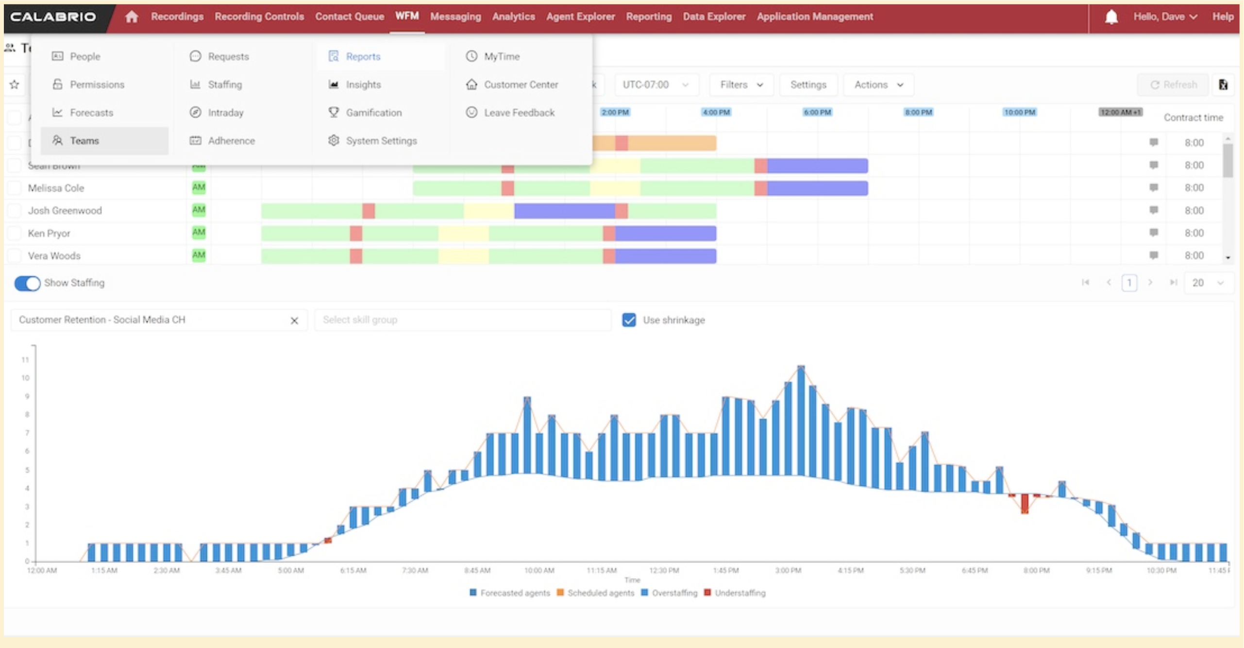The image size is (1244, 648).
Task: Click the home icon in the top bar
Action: point(131,17)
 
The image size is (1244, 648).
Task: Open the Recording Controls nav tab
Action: point(259,17)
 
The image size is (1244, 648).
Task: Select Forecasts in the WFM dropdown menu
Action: point(91,113)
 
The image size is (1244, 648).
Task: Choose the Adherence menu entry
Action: point(231,141)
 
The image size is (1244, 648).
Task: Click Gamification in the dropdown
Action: point(373,113)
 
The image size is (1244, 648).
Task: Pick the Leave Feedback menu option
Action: point(519,113)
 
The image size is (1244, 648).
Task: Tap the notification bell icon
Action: point(1111,17)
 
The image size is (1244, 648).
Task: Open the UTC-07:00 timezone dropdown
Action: point(656,85)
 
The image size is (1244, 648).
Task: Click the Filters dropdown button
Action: point(741,85)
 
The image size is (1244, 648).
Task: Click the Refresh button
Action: point(1173,85)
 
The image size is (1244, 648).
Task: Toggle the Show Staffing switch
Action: point(27,283)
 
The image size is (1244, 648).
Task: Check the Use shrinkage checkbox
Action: point(629,320)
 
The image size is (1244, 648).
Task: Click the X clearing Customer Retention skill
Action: point(294,321)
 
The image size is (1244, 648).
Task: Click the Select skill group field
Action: point(462,320)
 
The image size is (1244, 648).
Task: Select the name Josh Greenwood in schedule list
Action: point(65,211)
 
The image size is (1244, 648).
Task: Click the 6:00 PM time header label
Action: point(817,112)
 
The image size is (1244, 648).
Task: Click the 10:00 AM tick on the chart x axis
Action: point(539,570)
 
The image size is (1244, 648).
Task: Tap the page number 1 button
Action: point(1129,283)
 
